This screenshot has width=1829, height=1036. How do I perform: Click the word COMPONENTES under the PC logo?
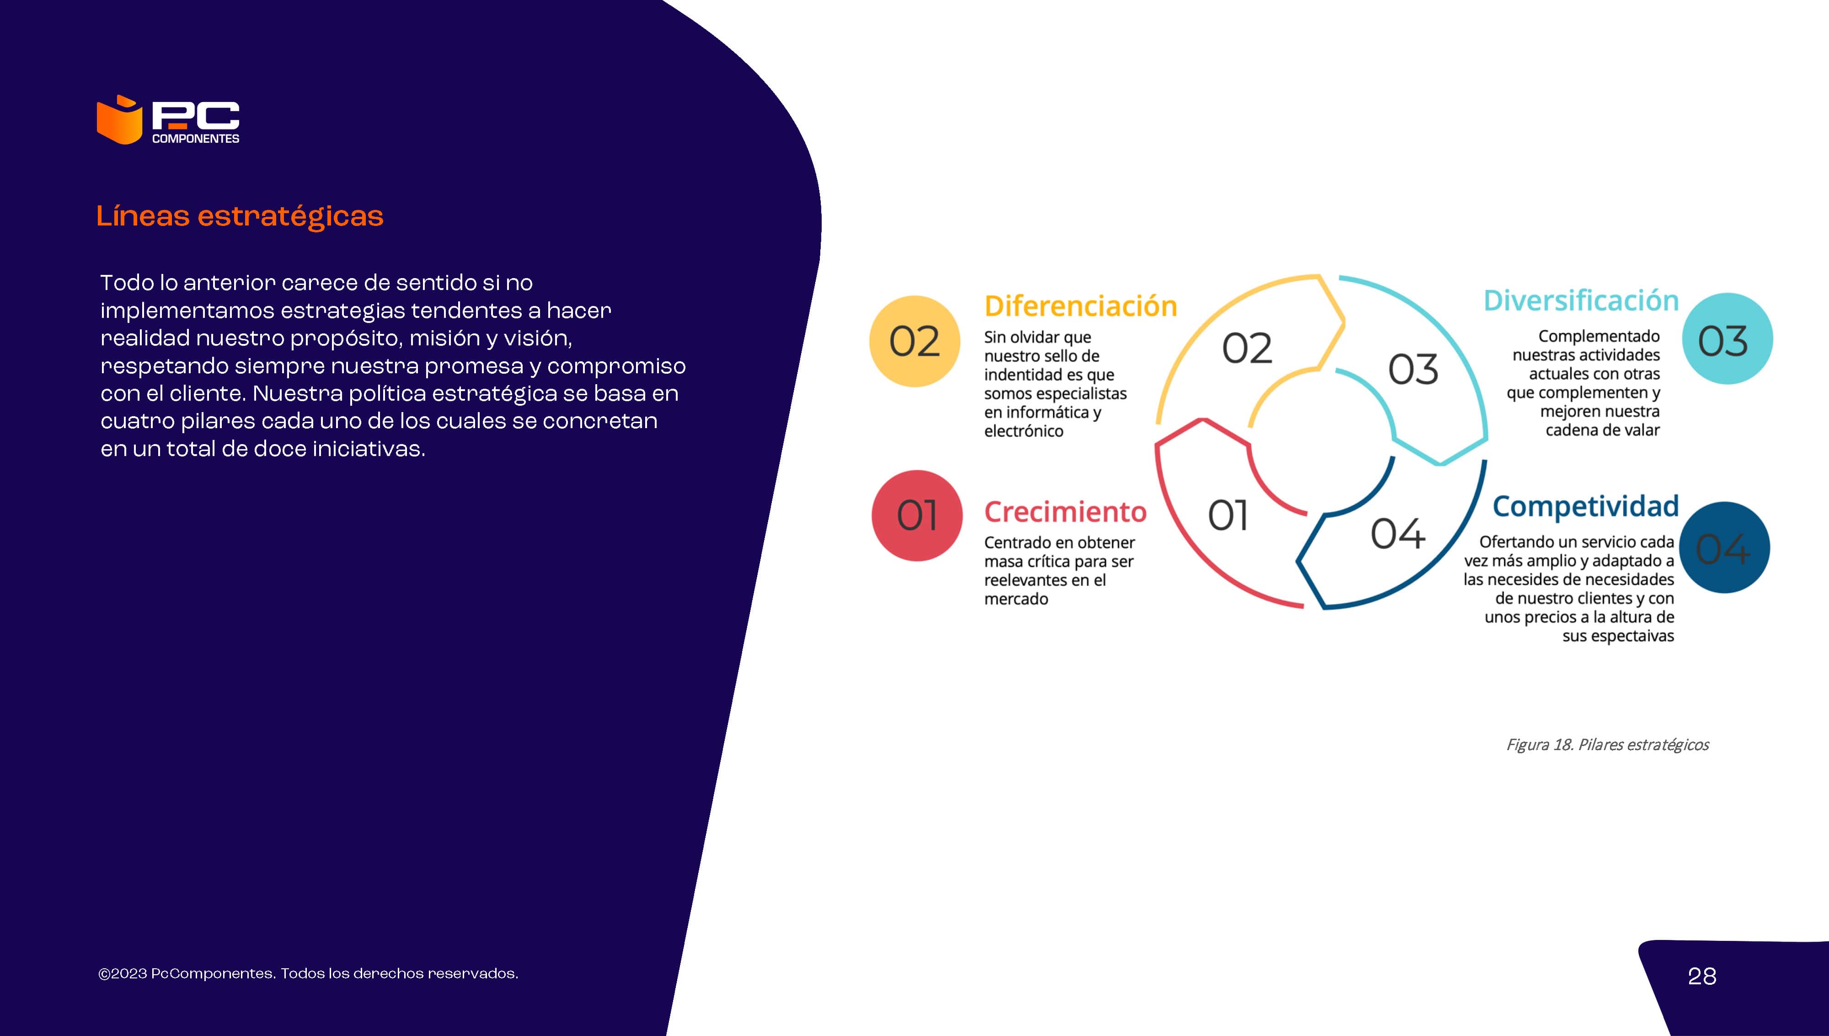(196, 139)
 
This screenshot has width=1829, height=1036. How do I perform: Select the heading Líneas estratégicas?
(240, 216)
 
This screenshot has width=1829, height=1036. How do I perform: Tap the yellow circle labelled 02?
(914, 342)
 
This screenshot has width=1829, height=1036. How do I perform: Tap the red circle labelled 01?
(917, 516)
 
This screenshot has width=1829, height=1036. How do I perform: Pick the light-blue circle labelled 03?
(1727, 338)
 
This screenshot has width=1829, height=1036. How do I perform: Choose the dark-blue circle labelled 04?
(1724, 548)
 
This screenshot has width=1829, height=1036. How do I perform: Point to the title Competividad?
(1586, 507)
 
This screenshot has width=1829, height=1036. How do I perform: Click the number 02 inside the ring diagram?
(1246, 349)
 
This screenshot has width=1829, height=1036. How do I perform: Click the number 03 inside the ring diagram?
(1413, 370)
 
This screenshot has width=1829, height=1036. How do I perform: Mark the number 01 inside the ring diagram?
(1228, 516)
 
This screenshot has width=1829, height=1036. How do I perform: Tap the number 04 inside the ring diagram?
(1398, 534)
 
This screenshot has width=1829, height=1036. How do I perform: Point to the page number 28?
(1702, 976)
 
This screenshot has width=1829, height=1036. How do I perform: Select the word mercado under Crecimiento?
(1016, 599)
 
